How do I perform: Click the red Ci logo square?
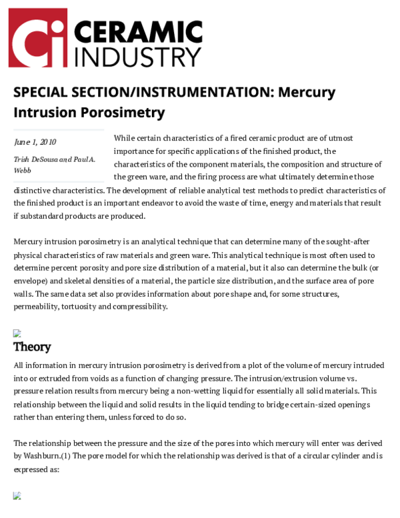tap(38, 38)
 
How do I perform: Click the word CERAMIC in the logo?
tap(137, 31)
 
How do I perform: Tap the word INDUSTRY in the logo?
tap(137, 56)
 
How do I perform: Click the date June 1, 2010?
tap(35, 142)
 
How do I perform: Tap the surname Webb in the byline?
tap(22, 170)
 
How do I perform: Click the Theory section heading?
tap(32, 347)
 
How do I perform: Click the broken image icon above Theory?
tap(17, 333)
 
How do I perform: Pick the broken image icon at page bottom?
tap(17, 495)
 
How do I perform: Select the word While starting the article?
tap(125, 138)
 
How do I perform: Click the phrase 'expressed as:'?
tap(36, 469)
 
